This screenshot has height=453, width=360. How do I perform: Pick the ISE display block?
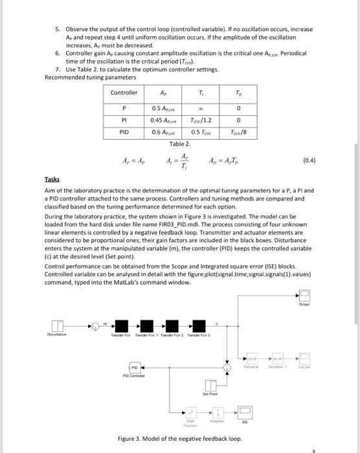[245, 412]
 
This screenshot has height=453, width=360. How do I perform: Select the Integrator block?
[219, 412]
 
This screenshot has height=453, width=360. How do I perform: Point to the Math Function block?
[191, 412]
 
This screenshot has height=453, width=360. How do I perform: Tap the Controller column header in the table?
[124, 93]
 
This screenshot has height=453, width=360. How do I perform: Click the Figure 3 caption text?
[179, 439]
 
